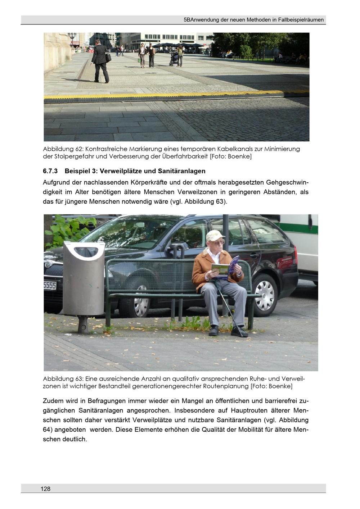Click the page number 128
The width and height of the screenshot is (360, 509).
point(45,489)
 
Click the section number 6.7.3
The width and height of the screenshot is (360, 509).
point(50,171)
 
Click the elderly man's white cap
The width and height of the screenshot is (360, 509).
point(215,235)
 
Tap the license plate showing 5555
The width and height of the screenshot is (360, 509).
point(50,286)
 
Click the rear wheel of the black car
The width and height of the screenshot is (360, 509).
point(265,296)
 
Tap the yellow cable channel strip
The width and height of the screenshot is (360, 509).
point(176,95)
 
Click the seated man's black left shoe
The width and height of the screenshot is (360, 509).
point(239,333)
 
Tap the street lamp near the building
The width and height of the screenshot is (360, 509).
point(72,39)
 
